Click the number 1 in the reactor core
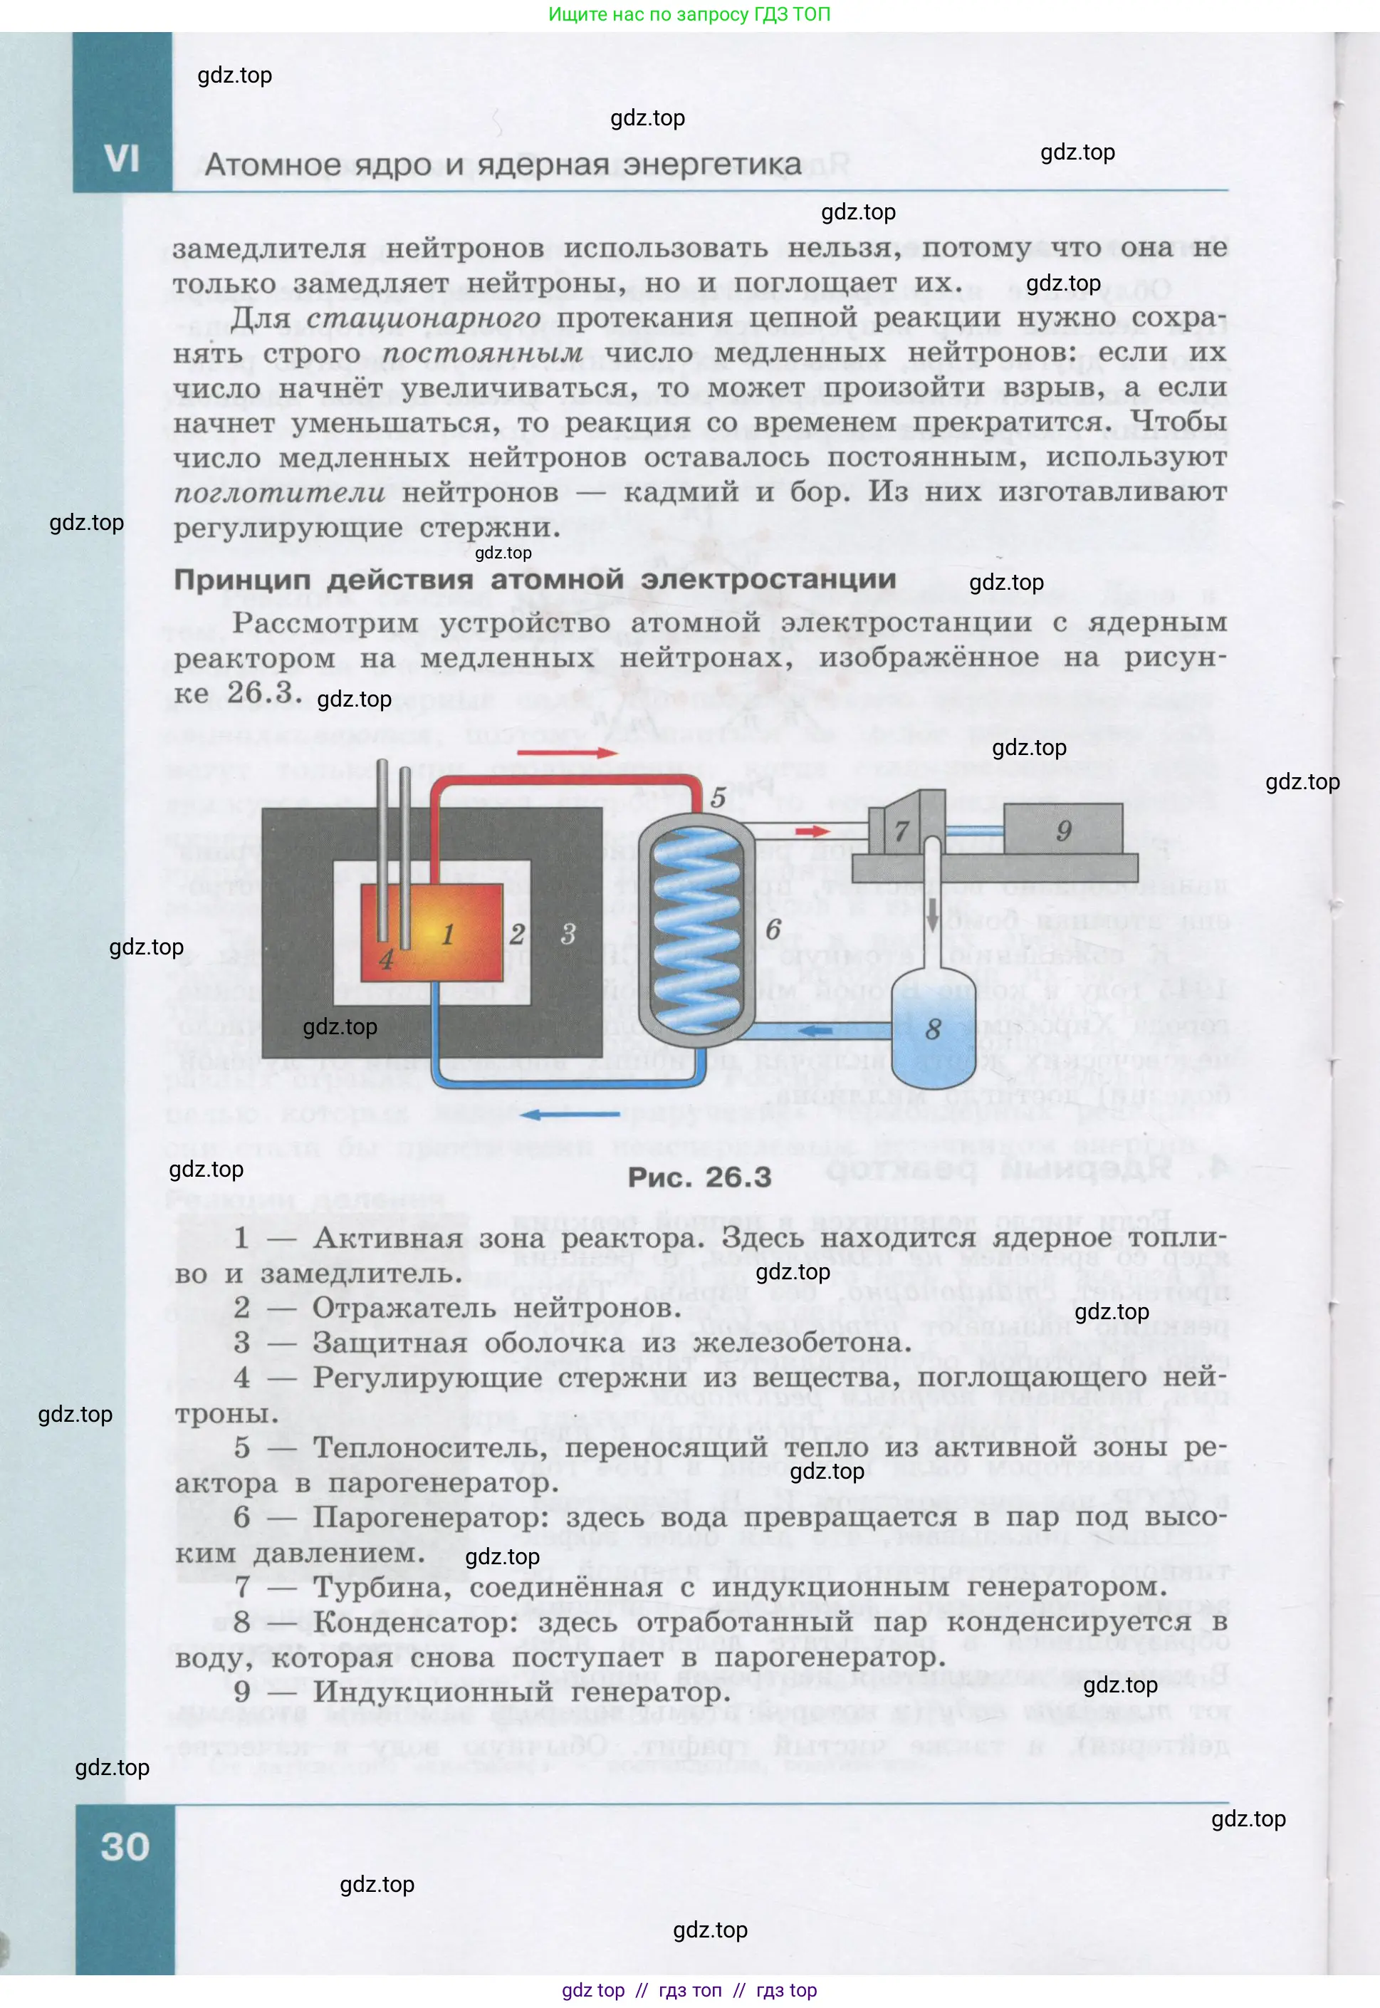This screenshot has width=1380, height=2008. pyautogui.click(x=448, y=934)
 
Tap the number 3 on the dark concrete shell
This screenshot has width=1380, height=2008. pyautogui.click(x=568, y=934)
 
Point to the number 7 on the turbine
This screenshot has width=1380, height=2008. pyautogui.click(x=901, y=831)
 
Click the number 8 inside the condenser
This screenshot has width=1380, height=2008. pyautogui.click(x=933, y=1029)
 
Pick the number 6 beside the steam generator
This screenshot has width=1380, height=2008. pyautogui.click(x=773, y=930)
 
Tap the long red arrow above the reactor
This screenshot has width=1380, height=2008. pyautogui.click(x=568, y=752)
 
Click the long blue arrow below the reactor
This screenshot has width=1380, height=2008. pyautogui.click(x=569, y=1115)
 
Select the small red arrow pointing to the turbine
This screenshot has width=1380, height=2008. pyautogui.click(x=812, y=831)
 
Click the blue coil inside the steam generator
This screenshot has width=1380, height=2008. pyautogui.click(x=696, y=930)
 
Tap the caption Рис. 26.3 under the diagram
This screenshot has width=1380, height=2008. pyautogui.click(x=699, y=1177)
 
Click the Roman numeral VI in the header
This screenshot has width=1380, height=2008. pyautogui.click(x=122, y=159)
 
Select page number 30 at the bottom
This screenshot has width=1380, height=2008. pyautogui.click(x=125, y=1846)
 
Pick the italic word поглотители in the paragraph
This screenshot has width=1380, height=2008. pyautogui.click(x=279, y=493)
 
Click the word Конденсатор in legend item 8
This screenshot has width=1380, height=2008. pyautogui.click(x=415, y=1623)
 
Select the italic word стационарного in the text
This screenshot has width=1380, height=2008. pyautogui.click(x=424, y=318)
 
